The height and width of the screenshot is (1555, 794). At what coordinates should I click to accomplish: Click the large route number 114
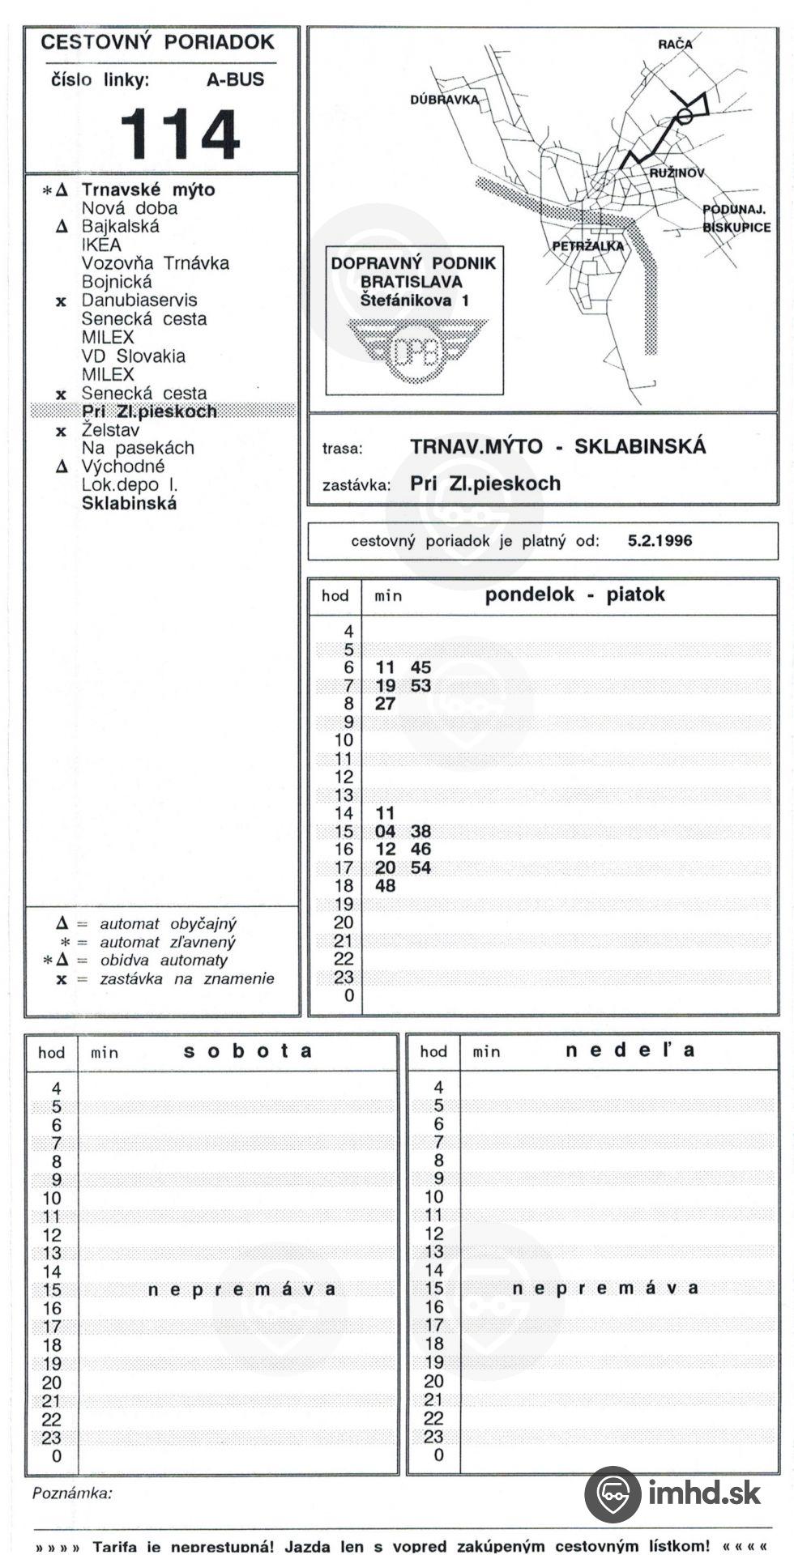[x=180, y=134]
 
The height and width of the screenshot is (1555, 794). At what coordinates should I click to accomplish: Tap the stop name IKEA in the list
[x=101, y=245]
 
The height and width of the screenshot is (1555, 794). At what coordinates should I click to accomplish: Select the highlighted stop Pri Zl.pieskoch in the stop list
[x=149, y=411]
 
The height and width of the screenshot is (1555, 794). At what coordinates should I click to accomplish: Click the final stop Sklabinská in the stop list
[x=129, y=504]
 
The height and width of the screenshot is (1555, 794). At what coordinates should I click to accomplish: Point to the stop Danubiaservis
[x=139, y=300]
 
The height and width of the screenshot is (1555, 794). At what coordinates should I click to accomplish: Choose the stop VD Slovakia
[x=133, y=356]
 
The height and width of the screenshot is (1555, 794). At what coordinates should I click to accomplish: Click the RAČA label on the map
[x=675, y=45]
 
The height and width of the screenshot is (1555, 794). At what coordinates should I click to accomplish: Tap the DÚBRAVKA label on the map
[x=444, y=100]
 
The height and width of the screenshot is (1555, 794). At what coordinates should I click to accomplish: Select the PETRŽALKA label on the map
[x=588, y=246]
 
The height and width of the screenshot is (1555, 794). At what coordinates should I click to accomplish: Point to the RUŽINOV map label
[x=677, y=173]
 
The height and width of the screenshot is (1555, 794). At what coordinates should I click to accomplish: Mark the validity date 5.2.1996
[x=660, y=541]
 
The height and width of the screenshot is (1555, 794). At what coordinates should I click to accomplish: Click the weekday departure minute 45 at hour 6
[x=420, y=668]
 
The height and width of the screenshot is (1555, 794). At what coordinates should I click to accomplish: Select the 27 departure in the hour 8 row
[x=385, y=704]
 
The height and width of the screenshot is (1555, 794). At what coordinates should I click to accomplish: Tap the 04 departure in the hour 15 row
[x=385, y=832]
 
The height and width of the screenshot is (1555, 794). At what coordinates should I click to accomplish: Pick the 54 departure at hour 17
[x=420, y=868]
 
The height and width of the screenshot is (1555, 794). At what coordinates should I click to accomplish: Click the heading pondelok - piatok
[x=574, y=595]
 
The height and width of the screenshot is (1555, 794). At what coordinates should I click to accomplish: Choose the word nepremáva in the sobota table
[x=241, y=1289]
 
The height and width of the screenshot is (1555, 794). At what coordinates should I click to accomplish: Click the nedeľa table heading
[x=630, y=1051]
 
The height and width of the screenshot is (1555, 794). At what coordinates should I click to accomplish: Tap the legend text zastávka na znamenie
[x=187, y=979]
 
